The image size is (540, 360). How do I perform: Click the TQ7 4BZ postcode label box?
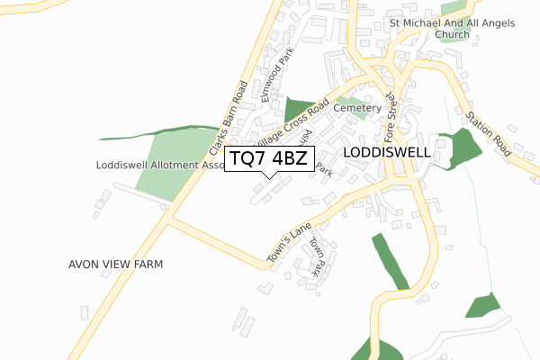coord(269,159)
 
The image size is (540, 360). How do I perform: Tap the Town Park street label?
coord(315,256)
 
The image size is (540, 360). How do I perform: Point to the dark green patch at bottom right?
coord(482,306)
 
